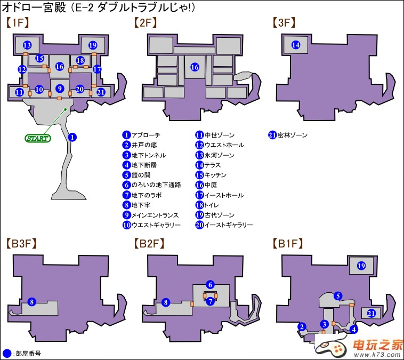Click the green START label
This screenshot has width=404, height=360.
[x=37, y=139]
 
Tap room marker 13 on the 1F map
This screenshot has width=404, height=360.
[x=27, y=45]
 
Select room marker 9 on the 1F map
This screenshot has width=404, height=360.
[x=60, y=89]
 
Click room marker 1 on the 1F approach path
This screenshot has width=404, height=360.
[x=73, y=137]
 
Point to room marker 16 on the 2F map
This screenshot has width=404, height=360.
[x=195, y=68]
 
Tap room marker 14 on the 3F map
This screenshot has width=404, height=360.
[x=296, y=45]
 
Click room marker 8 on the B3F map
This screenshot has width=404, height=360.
[x=31, y=302]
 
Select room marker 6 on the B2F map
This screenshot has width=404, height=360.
[x=211, y=284]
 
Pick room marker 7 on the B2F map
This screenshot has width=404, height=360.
[x=211, y=301]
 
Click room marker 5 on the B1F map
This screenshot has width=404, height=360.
[x=337, y=295]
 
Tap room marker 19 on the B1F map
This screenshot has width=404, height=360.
[x=361, y=266]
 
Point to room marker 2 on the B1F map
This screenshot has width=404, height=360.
[x=302, y=327]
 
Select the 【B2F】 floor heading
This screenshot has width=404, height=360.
[x=149, y=244]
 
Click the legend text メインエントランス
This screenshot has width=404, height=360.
[x=153, y=215]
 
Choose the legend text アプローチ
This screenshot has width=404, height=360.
[x=146, y=135]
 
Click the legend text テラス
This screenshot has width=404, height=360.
[x=213, y=165]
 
